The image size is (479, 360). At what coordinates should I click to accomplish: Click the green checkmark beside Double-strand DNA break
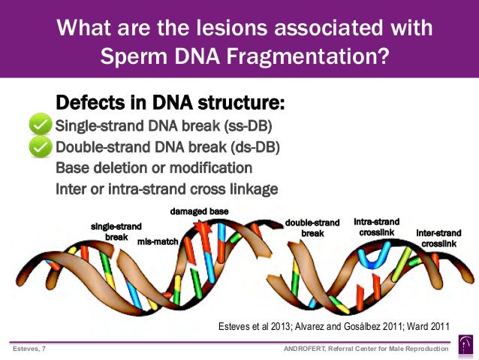click(40, 147)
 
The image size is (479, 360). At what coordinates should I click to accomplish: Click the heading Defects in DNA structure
click(170, 102)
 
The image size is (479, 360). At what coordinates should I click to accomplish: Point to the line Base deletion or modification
click(154, 167)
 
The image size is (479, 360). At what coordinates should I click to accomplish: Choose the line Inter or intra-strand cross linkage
click(167, 188)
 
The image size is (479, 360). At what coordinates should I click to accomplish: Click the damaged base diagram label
click(199, 211)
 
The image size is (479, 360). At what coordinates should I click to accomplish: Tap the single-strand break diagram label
click(116, 230)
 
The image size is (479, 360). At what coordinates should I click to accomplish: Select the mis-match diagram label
click(156, 242)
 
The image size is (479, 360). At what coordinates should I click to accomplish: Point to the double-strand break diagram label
click(312, 228)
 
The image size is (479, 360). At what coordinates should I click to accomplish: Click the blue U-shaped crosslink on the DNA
click(374, 256)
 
